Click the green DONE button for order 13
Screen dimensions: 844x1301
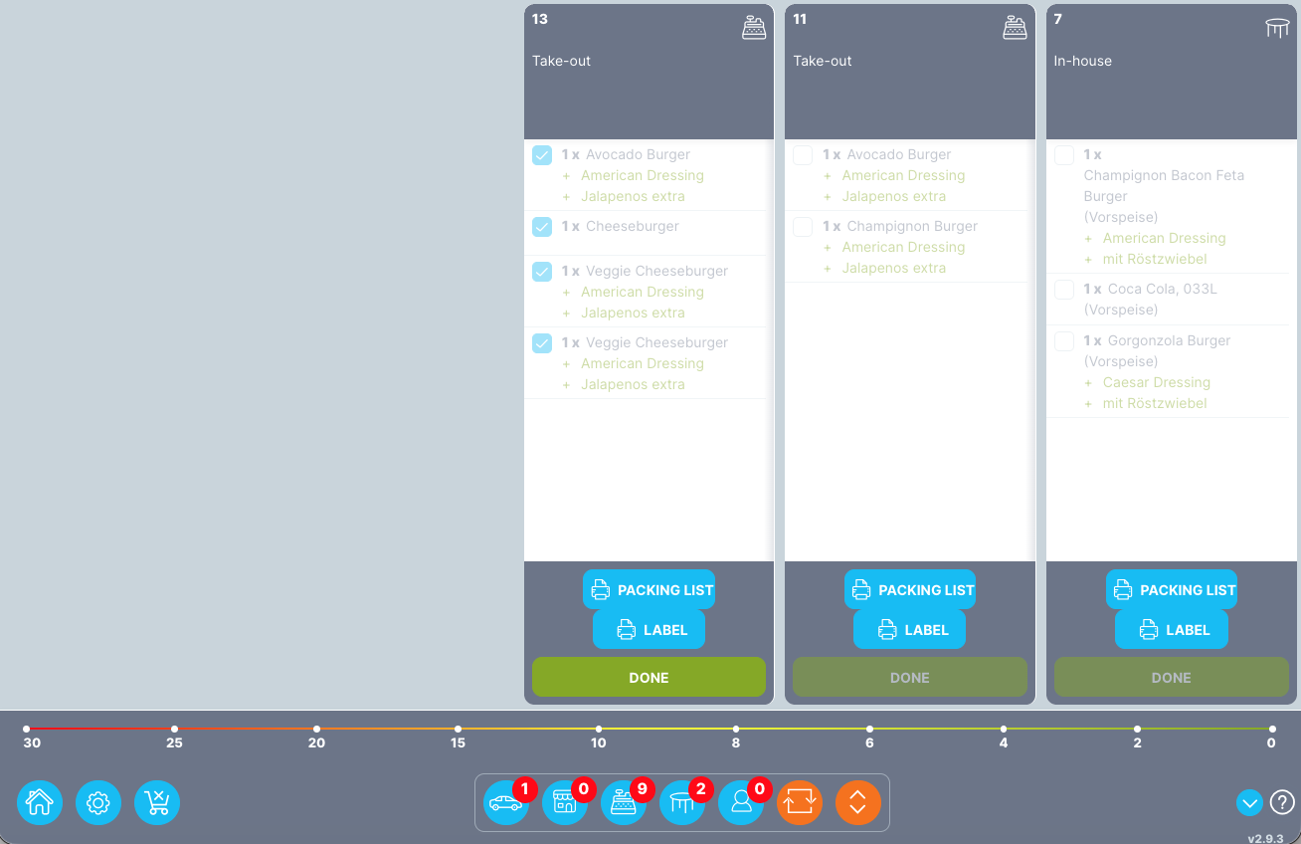pos(649,677)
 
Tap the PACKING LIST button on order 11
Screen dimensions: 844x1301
pos(909,589)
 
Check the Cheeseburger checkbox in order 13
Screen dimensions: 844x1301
pos(542,227)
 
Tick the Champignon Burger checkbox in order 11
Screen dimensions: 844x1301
pos(803,227)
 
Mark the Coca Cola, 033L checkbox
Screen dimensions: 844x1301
pos(1064,290)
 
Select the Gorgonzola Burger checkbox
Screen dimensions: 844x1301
pos(1064,341)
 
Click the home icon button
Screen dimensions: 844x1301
pos(40,802)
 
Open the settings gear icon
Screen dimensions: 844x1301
pos(98,802)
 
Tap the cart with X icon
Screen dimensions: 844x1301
pos(157,802)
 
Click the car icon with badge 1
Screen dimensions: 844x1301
pos(505,802)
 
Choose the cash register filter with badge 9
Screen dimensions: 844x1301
pos(624,802)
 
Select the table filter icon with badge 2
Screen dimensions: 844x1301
pos(682,802)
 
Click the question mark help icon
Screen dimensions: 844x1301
pos(1282,801)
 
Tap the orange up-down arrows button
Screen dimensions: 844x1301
pos(858,802)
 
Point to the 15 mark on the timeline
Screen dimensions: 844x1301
pos(458,730)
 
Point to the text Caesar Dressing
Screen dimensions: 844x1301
pos(1156,382)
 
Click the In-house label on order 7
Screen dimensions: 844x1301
pos(1082,61)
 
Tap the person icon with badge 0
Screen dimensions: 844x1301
pos(741,802)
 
